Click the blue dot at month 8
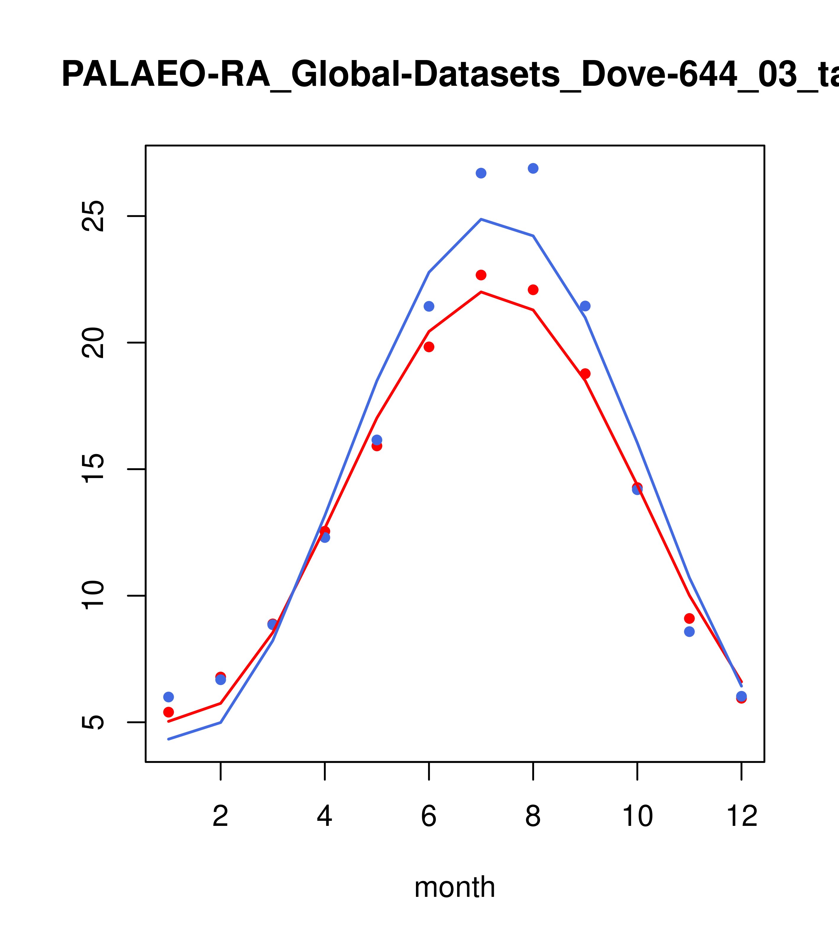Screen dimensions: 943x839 point(533,168)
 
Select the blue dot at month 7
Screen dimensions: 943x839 point(481,173)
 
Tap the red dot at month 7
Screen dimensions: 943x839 point(481,275)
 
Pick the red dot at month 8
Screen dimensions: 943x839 point(533,290)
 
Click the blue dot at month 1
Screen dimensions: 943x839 point(168,697)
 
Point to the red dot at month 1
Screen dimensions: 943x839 point(168,712)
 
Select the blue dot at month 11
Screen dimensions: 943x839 point(689,632)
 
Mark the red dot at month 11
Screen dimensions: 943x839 point(689,618)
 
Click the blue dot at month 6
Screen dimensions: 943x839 point(429,306)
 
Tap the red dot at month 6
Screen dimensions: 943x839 point(429,347)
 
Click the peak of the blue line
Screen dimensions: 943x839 point(481,219)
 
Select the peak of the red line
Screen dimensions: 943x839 point(481,292)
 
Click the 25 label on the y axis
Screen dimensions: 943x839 point(94,216)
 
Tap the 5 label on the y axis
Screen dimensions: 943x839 point(94,722)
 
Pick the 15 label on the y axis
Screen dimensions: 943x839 point(94,469)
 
